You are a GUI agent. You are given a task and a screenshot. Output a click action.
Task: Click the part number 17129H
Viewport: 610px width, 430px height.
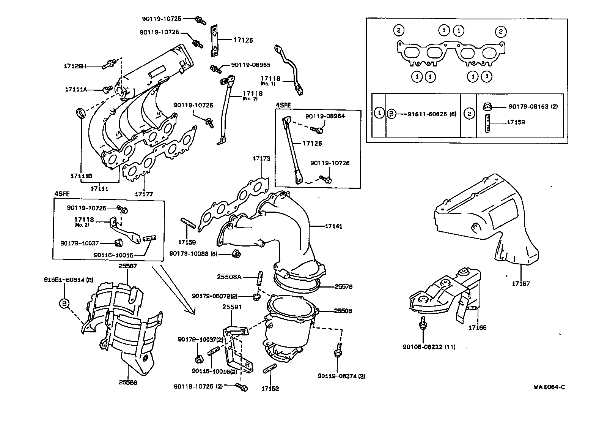75,66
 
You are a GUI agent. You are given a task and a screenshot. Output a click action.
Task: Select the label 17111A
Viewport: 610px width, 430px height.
76,90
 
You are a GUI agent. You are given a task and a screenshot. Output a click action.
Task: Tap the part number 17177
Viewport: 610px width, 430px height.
144,194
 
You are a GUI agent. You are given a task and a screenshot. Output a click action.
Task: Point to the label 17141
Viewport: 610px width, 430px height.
333,226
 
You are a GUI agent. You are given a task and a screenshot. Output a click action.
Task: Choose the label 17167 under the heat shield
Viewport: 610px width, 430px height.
520,283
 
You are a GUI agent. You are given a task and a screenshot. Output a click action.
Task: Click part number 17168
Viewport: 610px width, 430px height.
477,327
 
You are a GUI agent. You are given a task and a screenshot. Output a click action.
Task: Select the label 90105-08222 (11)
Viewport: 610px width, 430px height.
429,347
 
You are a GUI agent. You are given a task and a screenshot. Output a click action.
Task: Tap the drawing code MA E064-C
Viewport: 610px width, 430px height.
549,387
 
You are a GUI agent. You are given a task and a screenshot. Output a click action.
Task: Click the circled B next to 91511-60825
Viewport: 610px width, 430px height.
391,114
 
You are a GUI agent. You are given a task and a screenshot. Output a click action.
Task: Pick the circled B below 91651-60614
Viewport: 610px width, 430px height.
64,303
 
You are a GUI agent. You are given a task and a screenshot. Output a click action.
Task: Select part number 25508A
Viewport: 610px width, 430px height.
229,277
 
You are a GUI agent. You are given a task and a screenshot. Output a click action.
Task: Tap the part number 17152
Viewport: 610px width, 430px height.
270,389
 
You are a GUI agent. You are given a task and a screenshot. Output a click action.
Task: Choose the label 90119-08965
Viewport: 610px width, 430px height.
248,65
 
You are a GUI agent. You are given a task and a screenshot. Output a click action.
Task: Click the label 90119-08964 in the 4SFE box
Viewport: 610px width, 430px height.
325,116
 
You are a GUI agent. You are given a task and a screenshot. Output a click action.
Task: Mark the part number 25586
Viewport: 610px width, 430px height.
127,382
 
